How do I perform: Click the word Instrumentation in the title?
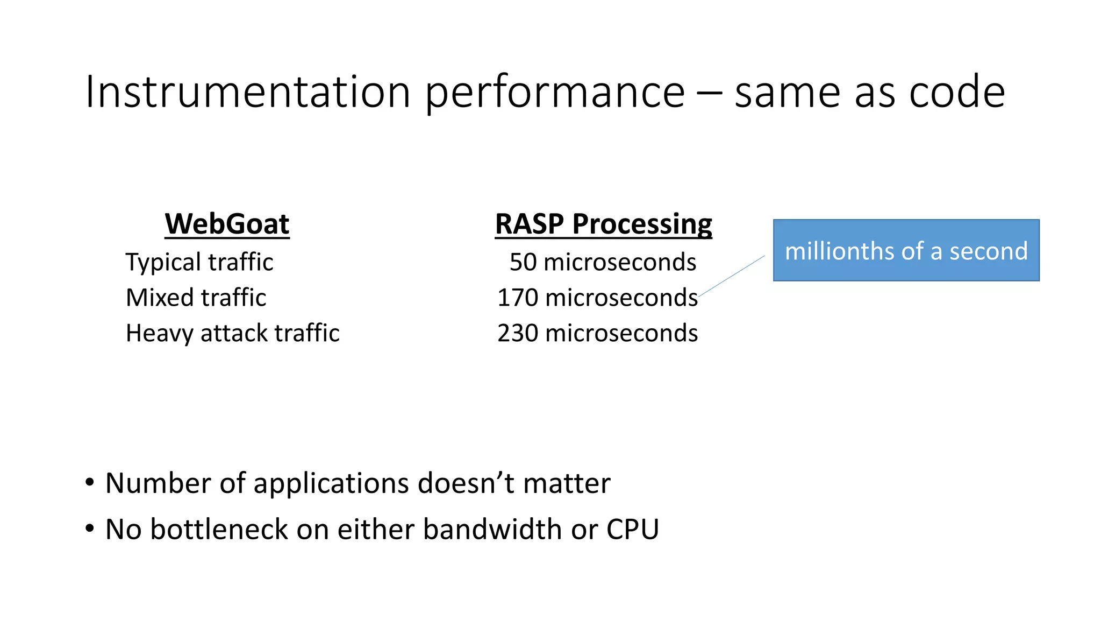(x=248, y=92)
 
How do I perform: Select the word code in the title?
(x=956, y=92)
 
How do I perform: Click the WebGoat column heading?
(x=227, y=224)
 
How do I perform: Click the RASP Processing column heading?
(x=603, y=224)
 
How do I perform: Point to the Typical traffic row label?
(x=199, y=263)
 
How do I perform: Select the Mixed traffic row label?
(x=196, y=298)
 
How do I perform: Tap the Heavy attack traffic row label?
(x=232, y=333)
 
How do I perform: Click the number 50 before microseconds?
(x=523, y=263)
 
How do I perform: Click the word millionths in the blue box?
(x=834, y=251)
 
